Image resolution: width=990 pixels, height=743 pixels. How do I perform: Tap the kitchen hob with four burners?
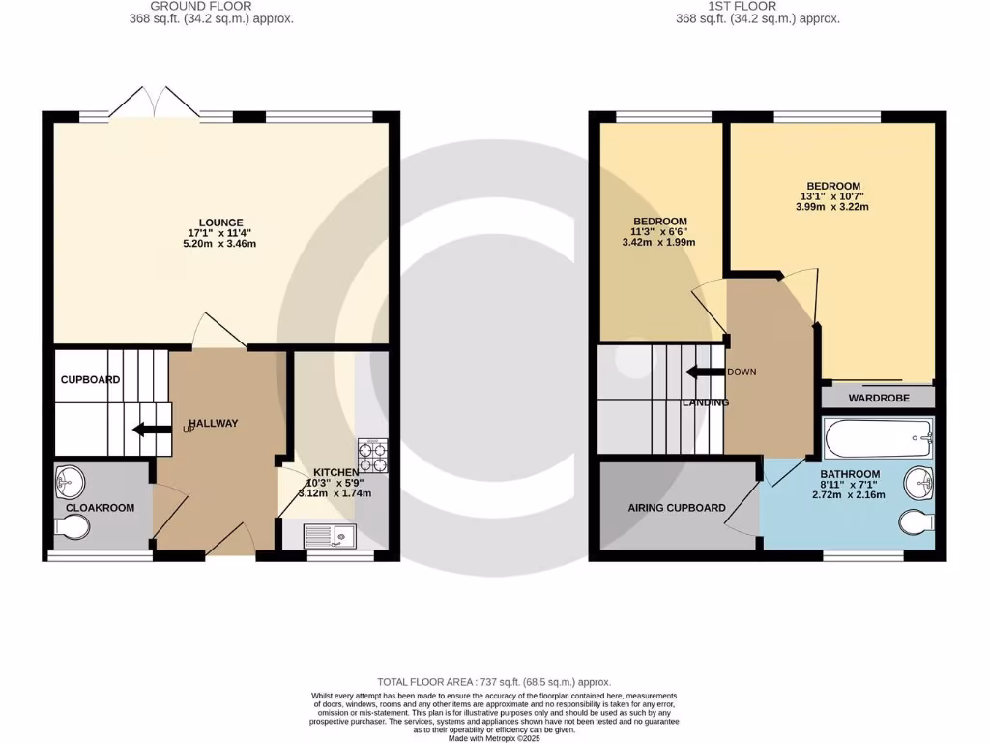372,455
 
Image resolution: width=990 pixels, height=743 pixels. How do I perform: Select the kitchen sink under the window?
329,535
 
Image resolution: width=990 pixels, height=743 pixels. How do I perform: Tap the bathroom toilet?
915,522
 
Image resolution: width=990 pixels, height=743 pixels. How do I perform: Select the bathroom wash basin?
918,481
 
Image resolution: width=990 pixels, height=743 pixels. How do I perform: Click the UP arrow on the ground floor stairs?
151,430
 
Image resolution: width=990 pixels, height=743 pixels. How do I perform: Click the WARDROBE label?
878,398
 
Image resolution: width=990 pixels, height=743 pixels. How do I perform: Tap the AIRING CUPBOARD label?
677,508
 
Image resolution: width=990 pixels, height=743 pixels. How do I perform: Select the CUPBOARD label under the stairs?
90,380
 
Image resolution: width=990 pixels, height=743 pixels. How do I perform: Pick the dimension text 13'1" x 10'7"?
832,196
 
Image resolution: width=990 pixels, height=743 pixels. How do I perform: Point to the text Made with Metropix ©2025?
494,738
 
